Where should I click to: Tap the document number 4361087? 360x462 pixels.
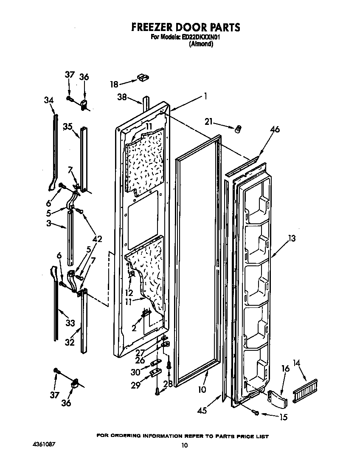tap(44, 444)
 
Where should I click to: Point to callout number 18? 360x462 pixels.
tap(114, 84)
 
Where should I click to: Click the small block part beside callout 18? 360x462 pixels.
tap(143, 77)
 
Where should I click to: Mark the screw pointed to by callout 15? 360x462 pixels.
tap(256, 413)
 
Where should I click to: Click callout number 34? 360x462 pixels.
tap(49, 100)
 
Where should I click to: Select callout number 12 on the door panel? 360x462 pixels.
tap(129, 293)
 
